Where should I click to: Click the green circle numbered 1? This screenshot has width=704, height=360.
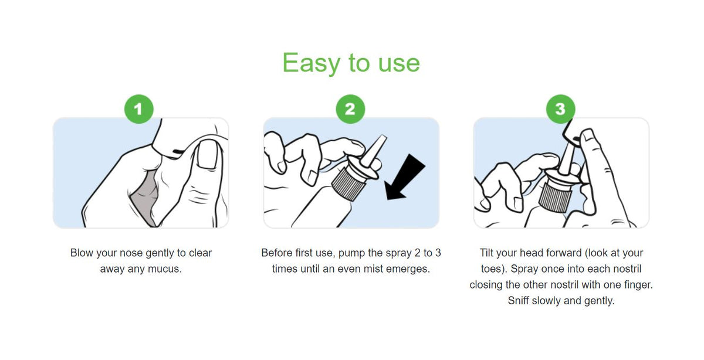pyautogui.click(x=139, y=109)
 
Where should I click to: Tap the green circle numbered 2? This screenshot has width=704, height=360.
pyautogui.click(x=350, y=109)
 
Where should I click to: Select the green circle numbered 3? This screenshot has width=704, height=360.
pyautogui.click(x=561, y=109)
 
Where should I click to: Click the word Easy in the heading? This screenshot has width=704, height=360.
pyautogui.click(x=311, y=63)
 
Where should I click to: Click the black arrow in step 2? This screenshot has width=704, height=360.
pyautogui.click(x=405, y=177)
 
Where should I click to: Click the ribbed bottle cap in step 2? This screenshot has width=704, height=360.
pyautogui.click(x=348, y=184)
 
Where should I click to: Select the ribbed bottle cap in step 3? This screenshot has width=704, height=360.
pyautogui.click(x=554, y=198)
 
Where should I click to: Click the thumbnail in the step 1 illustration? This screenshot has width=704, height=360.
pyautogui.click(x=207, y=154)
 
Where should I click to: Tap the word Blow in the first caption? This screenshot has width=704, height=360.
pyautogui.click(x=82, y=253)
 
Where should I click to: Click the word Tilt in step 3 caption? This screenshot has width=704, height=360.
pyautogui.click(x=486, y=253)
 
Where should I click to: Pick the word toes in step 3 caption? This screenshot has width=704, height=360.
pyautogui.click(x=491, y=269)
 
